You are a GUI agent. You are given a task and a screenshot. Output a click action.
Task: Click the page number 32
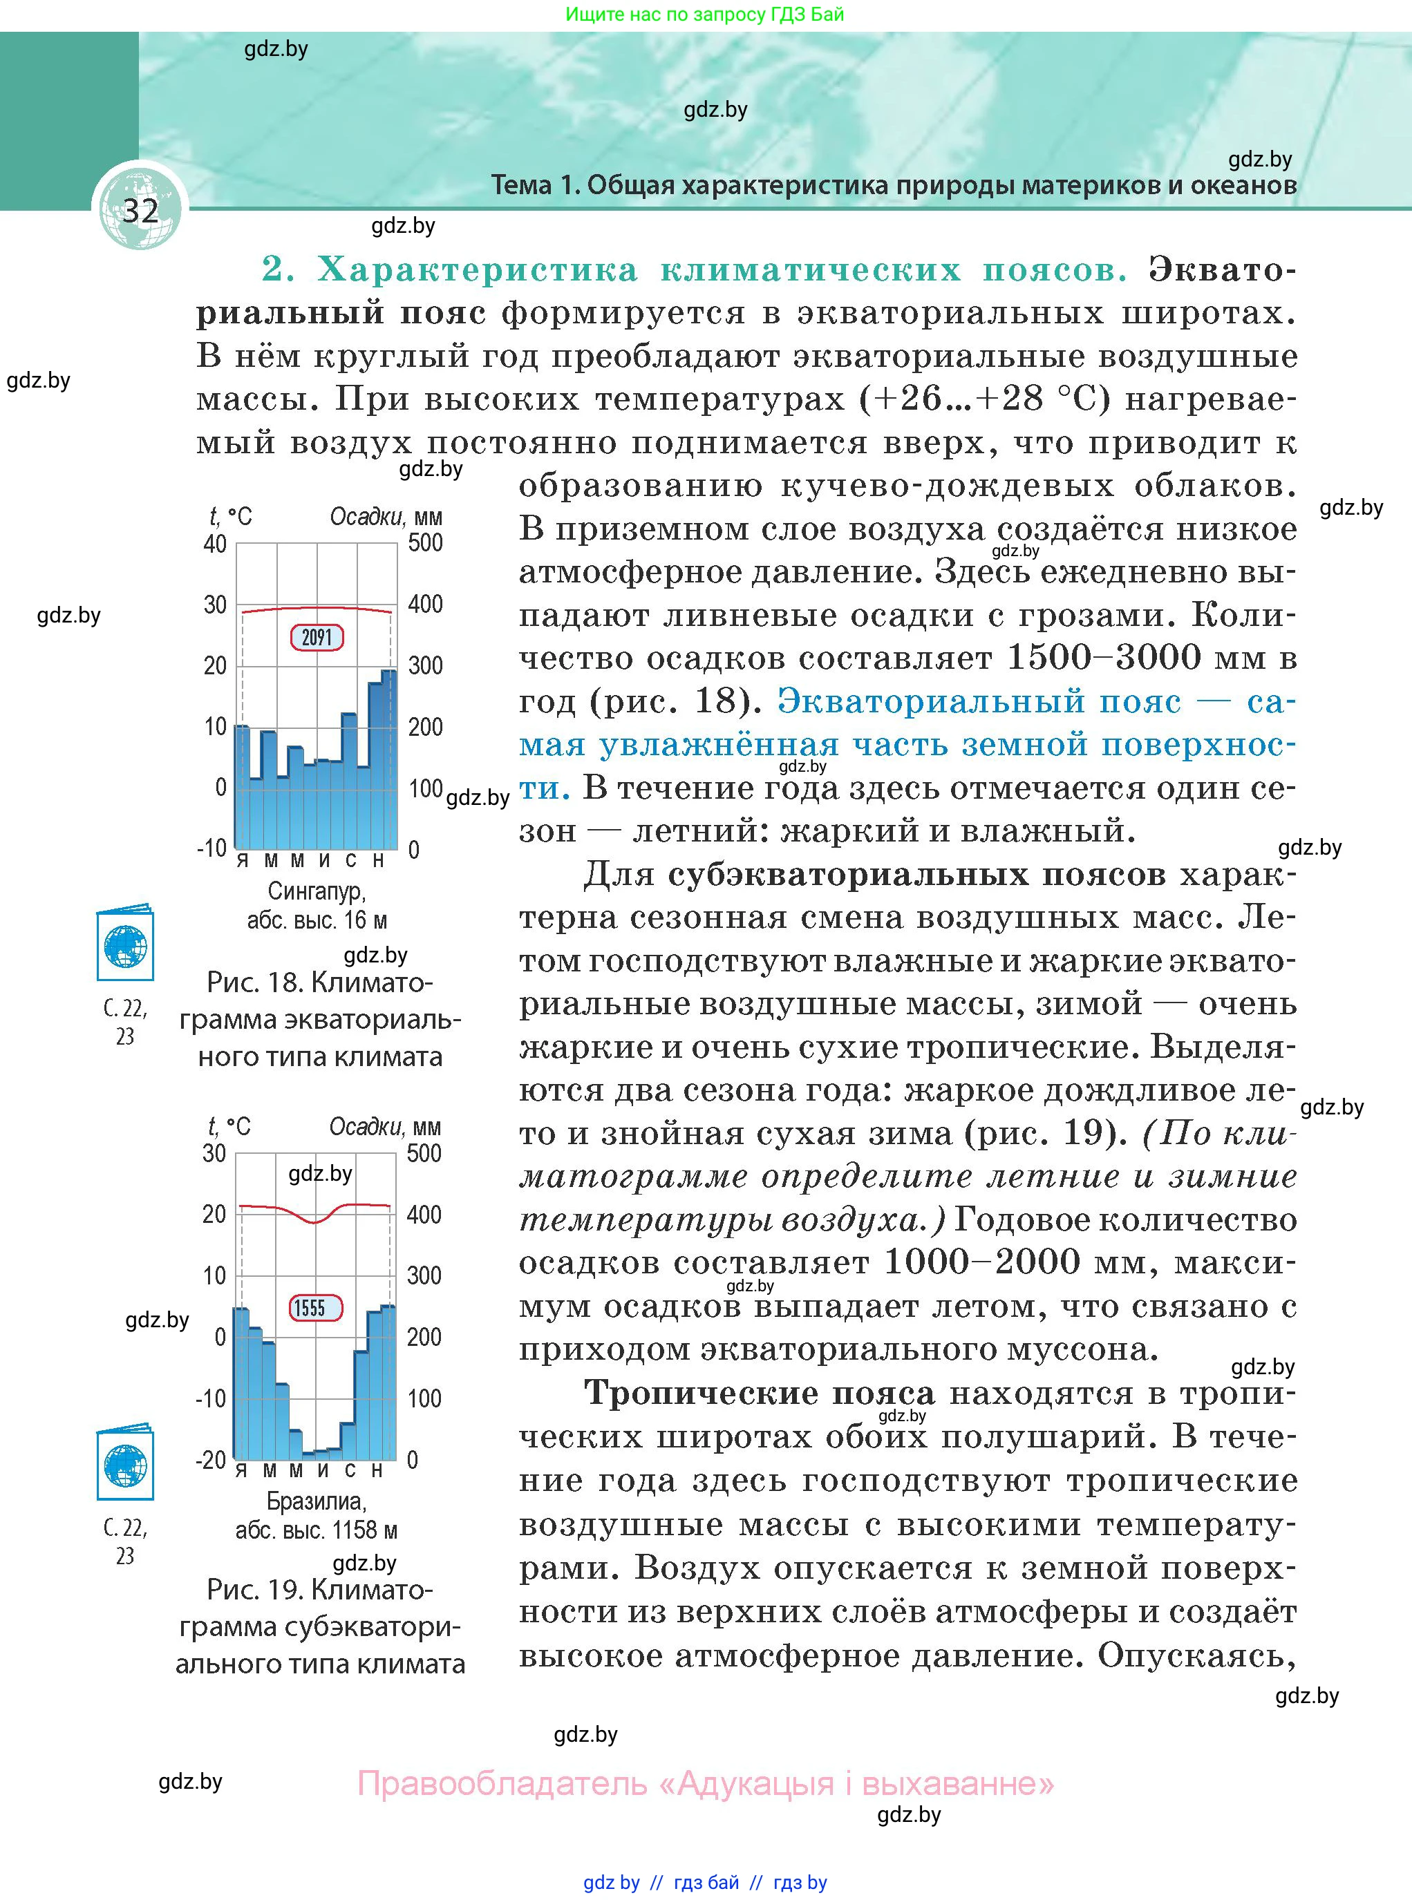(x=140, y=210)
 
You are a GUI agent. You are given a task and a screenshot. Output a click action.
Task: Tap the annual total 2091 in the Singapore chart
(x=317, y=637)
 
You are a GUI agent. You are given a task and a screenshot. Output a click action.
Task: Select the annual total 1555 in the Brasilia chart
(x=310, y=1308)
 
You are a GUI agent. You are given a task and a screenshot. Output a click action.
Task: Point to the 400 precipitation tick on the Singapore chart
(x=426, y=604)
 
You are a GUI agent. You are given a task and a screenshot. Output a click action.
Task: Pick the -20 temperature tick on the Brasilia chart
(x=211, y=1459)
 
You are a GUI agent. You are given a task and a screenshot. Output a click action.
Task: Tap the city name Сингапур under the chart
(x=317, y=891)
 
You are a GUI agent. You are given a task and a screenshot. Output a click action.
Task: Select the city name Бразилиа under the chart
(x=317, y=1501)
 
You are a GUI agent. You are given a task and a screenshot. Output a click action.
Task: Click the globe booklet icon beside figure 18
(x=125, y=943)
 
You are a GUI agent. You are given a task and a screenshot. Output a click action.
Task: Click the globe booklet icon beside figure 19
(x=125, y=1463)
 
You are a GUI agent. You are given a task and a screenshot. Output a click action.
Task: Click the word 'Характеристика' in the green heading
(x=478, y=270)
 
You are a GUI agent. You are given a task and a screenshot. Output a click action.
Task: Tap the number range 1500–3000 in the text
(x=1106, y=658)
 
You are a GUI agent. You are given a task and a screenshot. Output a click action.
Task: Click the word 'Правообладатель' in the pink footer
(x=502, y=1783)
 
